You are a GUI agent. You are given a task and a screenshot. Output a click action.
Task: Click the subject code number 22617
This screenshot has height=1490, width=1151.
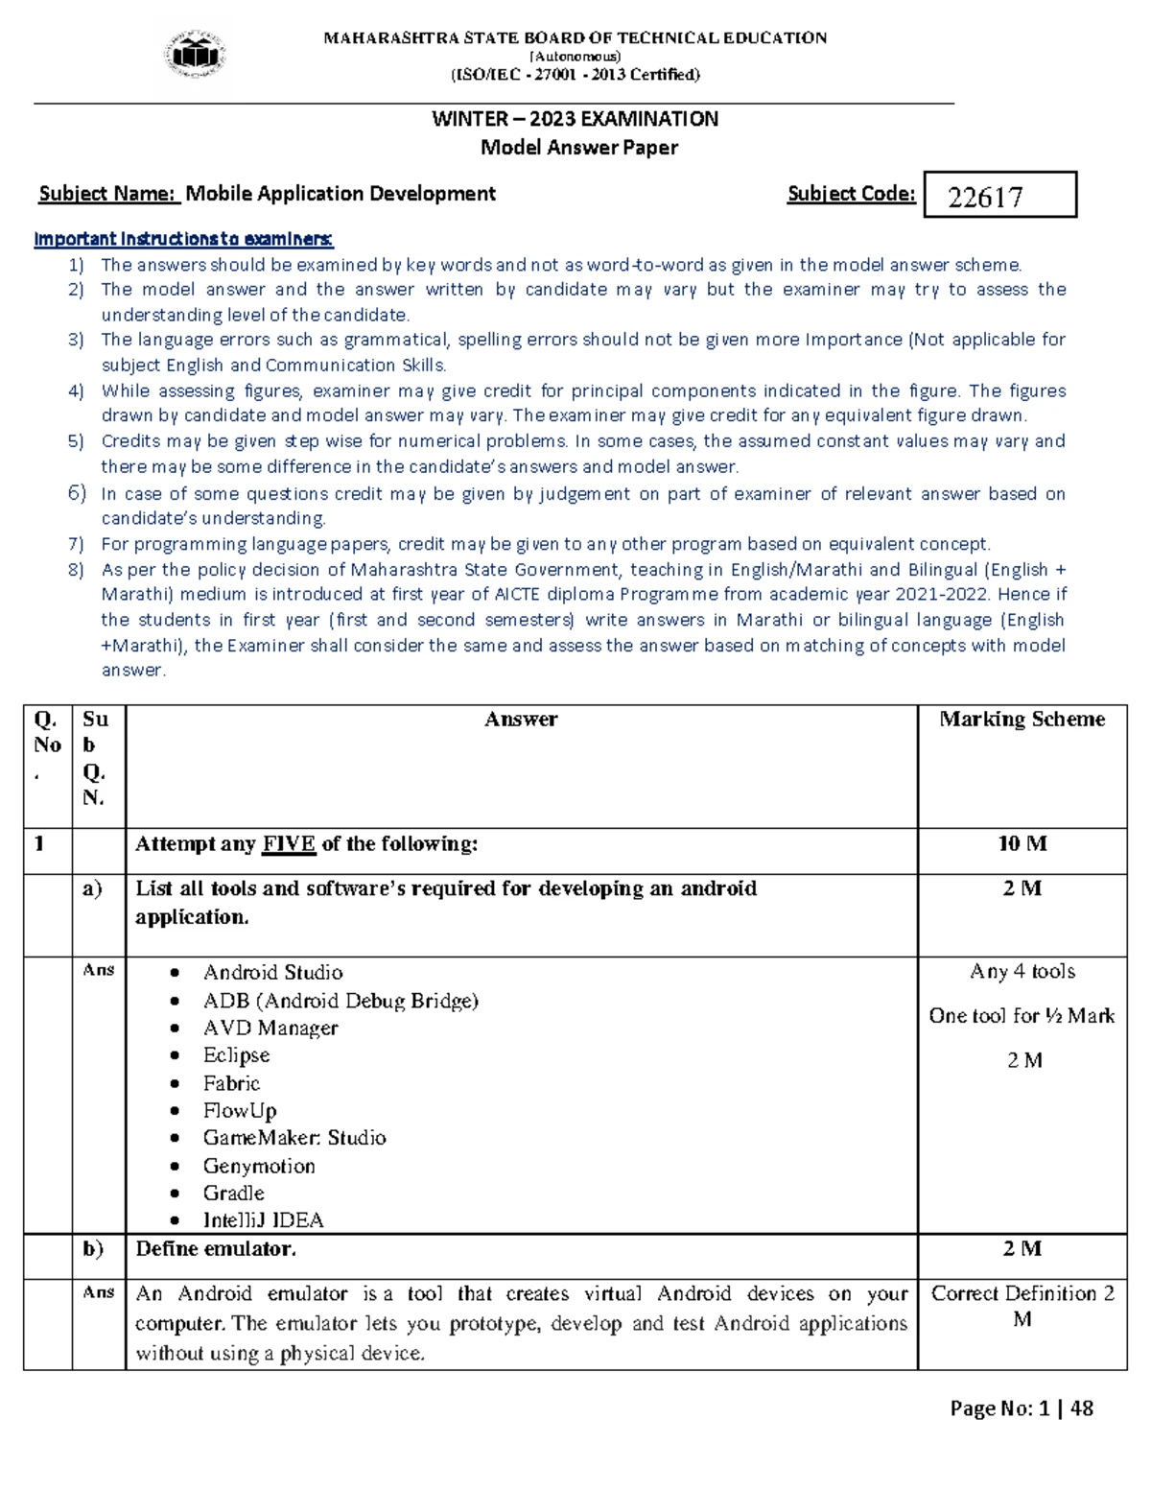coord(985,197)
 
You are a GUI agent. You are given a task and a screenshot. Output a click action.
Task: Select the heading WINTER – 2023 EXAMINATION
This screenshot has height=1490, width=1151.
coord(575,119)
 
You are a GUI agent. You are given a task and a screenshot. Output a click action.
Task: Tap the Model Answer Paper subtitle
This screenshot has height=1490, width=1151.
coord(578,148)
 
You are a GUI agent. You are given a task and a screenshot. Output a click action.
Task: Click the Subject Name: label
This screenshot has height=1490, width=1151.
coord(108,194)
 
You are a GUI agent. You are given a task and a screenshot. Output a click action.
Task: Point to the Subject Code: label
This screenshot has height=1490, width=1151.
coord(851,194)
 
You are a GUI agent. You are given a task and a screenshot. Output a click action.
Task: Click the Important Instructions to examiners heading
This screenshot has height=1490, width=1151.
coord(183,239)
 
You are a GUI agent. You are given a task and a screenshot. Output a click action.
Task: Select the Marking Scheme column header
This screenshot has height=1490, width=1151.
coord(1022,720)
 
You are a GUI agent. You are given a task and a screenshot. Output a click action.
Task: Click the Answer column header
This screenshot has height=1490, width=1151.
coord(521,720)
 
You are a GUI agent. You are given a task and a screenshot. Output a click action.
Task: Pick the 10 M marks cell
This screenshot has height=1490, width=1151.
coord(1022,843)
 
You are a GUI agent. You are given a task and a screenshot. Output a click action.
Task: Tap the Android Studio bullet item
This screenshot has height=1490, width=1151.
coord(272,972)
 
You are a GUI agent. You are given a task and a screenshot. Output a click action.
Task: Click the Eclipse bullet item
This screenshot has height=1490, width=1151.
coord(236,1055)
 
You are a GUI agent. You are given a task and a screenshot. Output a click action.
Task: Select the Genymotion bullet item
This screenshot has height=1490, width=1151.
coord(259,1166)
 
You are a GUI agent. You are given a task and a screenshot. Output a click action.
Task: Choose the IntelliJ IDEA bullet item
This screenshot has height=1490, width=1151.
coord(263,1220)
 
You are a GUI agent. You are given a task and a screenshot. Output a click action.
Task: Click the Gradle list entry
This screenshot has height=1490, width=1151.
coord(233,1193)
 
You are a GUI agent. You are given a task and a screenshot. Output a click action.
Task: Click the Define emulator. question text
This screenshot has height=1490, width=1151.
coord(216,1249)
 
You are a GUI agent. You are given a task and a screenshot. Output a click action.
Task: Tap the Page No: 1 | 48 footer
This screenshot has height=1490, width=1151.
coord(1021,1408)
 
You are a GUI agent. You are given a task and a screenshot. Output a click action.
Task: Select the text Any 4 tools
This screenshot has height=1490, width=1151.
coord(1022,972)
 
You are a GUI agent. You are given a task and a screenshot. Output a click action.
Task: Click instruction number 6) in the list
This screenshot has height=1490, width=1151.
coord(77,493)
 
